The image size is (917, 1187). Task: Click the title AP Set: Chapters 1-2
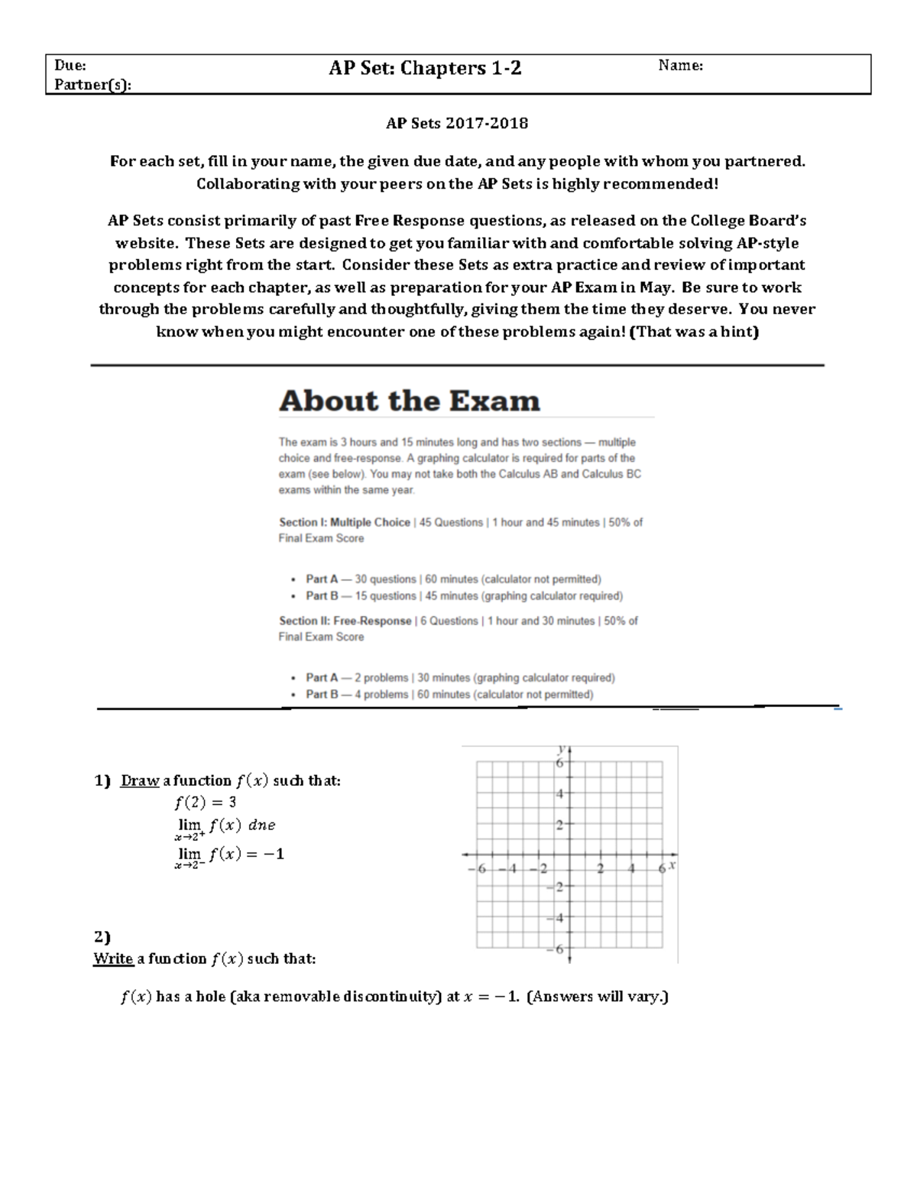(425, 68)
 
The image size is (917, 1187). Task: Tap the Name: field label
(680, 66)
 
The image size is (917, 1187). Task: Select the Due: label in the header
(70, 66)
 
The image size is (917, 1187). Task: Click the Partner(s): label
(92, 84)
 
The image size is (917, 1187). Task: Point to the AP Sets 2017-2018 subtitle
(457, 123)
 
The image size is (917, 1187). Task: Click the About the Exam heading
(410, 401)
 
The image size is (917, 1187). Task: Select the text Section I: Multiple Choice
(345, 523)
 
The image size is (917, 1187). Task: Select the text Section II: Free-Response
(345, 621)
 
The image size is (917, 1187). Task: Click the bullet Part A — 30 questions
(453, 579)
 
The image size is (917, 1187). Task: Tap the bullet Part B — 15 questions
(464, 596)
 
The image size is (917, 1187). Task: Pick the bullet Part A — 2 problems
(460, 678)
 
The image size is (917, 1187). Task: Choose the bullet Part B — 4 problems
(449, 695)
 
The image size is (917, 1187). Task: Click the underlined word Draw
(140, 781)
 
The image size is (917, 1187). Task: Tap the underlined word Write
(113, 959)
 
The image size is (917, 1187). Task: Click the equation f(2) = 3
(206, 803)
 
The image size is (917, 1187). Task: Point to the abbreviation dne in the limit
(262, 825)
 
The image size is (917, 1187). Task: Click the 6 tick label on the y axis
(559, 763)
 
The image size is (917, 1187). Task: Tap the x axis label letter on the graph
(672, 865)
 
